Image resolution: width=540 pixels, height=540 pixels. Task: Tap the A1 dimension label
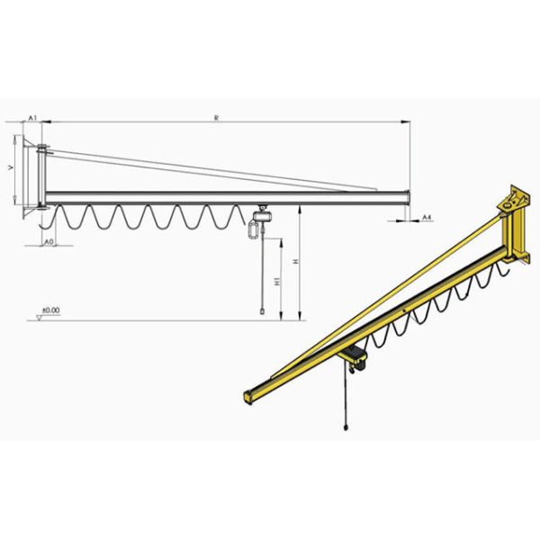click(x=31, y=118)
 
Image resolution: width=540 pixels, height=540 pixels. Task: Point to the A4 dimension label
click(x=428, y=218)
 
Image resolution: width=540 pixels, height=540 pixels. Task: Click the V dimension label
click(x=10, y=168)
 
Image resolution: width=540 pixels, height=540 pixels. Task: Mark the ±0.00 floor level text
click(x=49, y=310)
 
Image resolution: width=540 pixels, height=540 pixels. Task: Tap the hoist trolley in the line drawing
click(x=262, y=218)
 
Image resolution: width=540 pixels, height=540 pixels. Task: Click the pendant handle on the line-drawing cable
click(x=261, y=309)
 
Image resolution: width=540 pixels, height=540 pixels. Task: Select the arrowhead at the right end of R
click(x=408, y=123)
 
